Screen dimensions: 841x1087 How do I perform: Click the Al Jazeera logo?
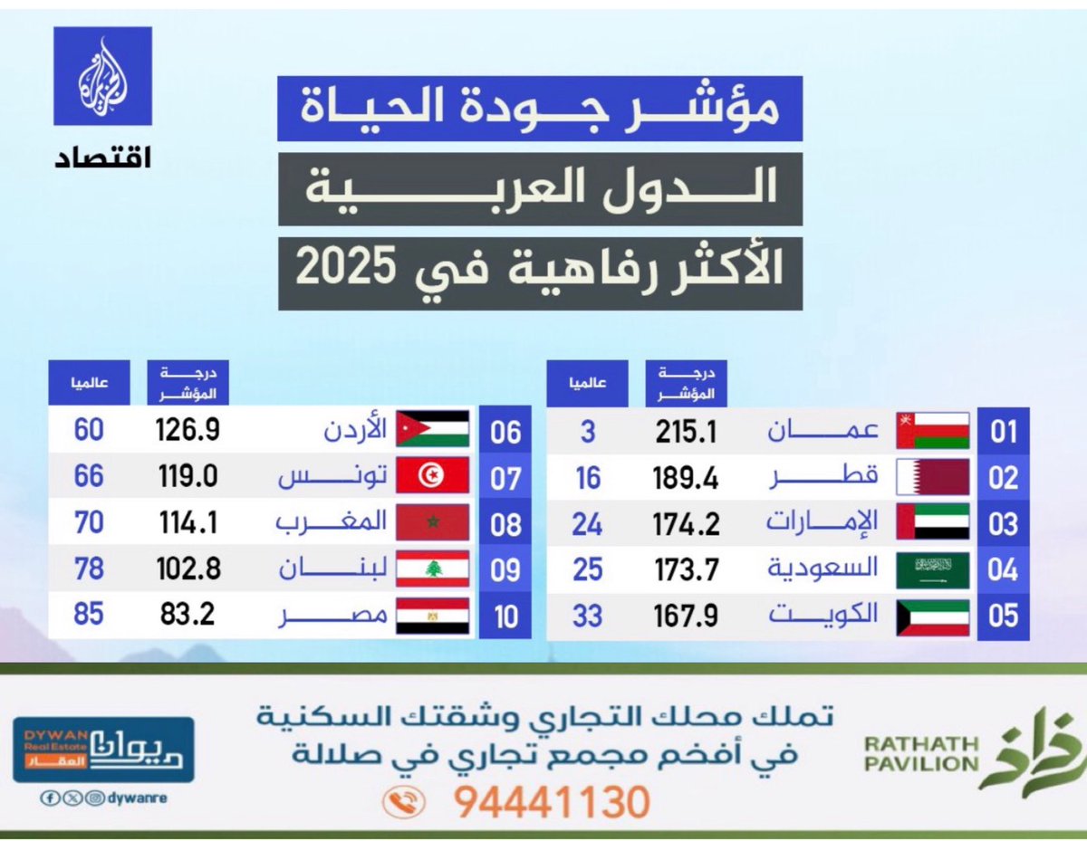point(102,76)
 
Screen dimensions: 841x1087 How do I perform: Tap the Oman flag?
point(932,431)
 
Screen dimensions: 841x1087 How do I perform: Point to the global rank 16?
point(588,478)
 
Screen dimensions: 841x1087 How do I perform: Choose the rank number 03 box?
point(1003,524)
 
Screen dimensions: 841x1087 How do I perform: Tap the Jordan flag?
point(432,430)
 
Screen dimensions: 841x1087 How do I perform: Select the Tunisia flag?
point(432,476)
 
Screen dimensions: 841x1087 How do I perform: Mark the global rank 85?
point(89,616)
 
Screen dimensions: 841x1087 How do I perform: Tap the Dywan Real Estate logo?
point(102,750)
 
